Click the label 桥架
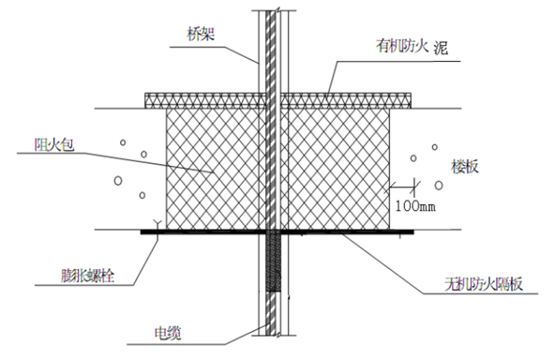point(201,35)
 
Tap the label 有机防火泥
point(412,47)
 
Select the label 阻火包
point(54,145)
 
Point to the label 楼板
point(465,166)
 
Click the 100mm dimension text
point(415,206)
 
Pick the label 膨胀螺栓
point(88,276)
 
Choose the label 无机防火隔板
point(484,284)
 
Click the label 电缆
point(168,333)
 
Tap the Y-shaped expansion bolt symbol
point(157,224)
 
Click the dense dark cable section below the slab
point(273,262)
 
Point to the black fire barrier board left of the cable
point(203,232)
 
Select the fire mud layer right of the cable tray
point(346,100)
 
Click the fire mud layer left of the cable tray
point(205,100)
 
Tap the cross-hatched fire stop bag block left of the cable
point(216,169)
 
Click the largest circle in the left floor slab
point(118,181)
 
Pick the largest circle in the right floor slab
point(439,185)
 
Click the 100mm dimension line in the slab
point(402,187)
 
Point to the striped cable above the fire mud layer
point(271,52)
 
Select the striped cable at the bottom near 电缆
point(271,313)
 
